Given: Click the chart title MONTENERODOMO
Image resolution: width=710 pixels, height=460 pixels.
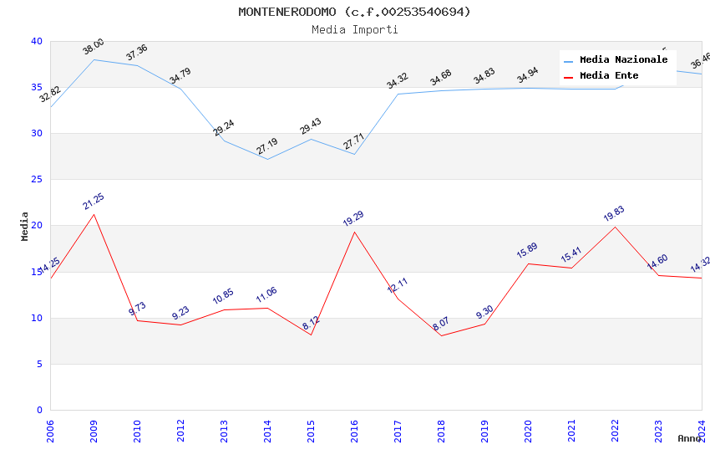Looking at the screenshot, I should tap(354, 12).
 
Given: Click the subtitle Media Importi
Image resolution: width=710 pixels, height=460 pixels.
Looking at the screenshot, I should tap(354, 29).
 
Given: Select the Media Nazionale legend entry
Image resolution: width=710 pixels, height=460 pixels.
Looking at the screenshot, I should tap(623, 60).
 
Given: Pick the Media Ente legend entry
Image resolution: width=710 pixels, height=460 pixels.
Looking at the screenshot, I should tap(609, 76).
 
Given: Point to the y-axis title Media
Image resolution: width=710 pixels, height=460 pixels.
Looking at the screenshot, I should tap(25, 226).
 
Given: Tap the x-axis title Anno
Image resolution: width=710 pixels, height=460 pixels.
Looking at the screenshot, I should tap(689, 438).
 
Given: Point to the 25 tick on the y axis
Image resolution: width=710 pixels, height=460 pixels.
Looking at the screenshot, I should tap(36, 180).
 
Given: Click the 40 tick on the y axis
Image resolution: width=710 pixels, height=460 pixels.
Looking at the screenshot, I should tap(36, 42).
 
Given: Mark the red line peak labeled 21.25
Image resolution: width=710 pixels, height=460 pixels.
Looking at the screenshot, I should tap(94, 214).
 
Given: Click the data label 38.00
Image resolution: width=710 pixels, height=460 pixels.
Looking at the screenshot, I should tap(94, 47).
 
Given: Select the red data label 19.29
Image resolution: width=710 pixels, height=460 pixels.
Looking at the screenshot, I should tap(353, 219).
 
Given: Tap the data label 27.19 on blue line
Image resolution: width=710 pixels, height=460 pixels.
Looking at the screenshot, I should tap(267, 147).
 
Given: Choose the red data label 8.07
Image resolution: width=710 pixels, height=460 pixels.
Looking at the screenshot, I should tap(441, 324).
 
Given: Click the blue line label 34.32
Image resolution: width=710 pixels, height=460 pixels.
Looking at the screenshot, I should tap(398, 81).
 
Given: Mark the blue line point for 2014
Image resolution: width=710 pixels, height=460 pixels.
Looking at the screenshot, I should tap(267, 159).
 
